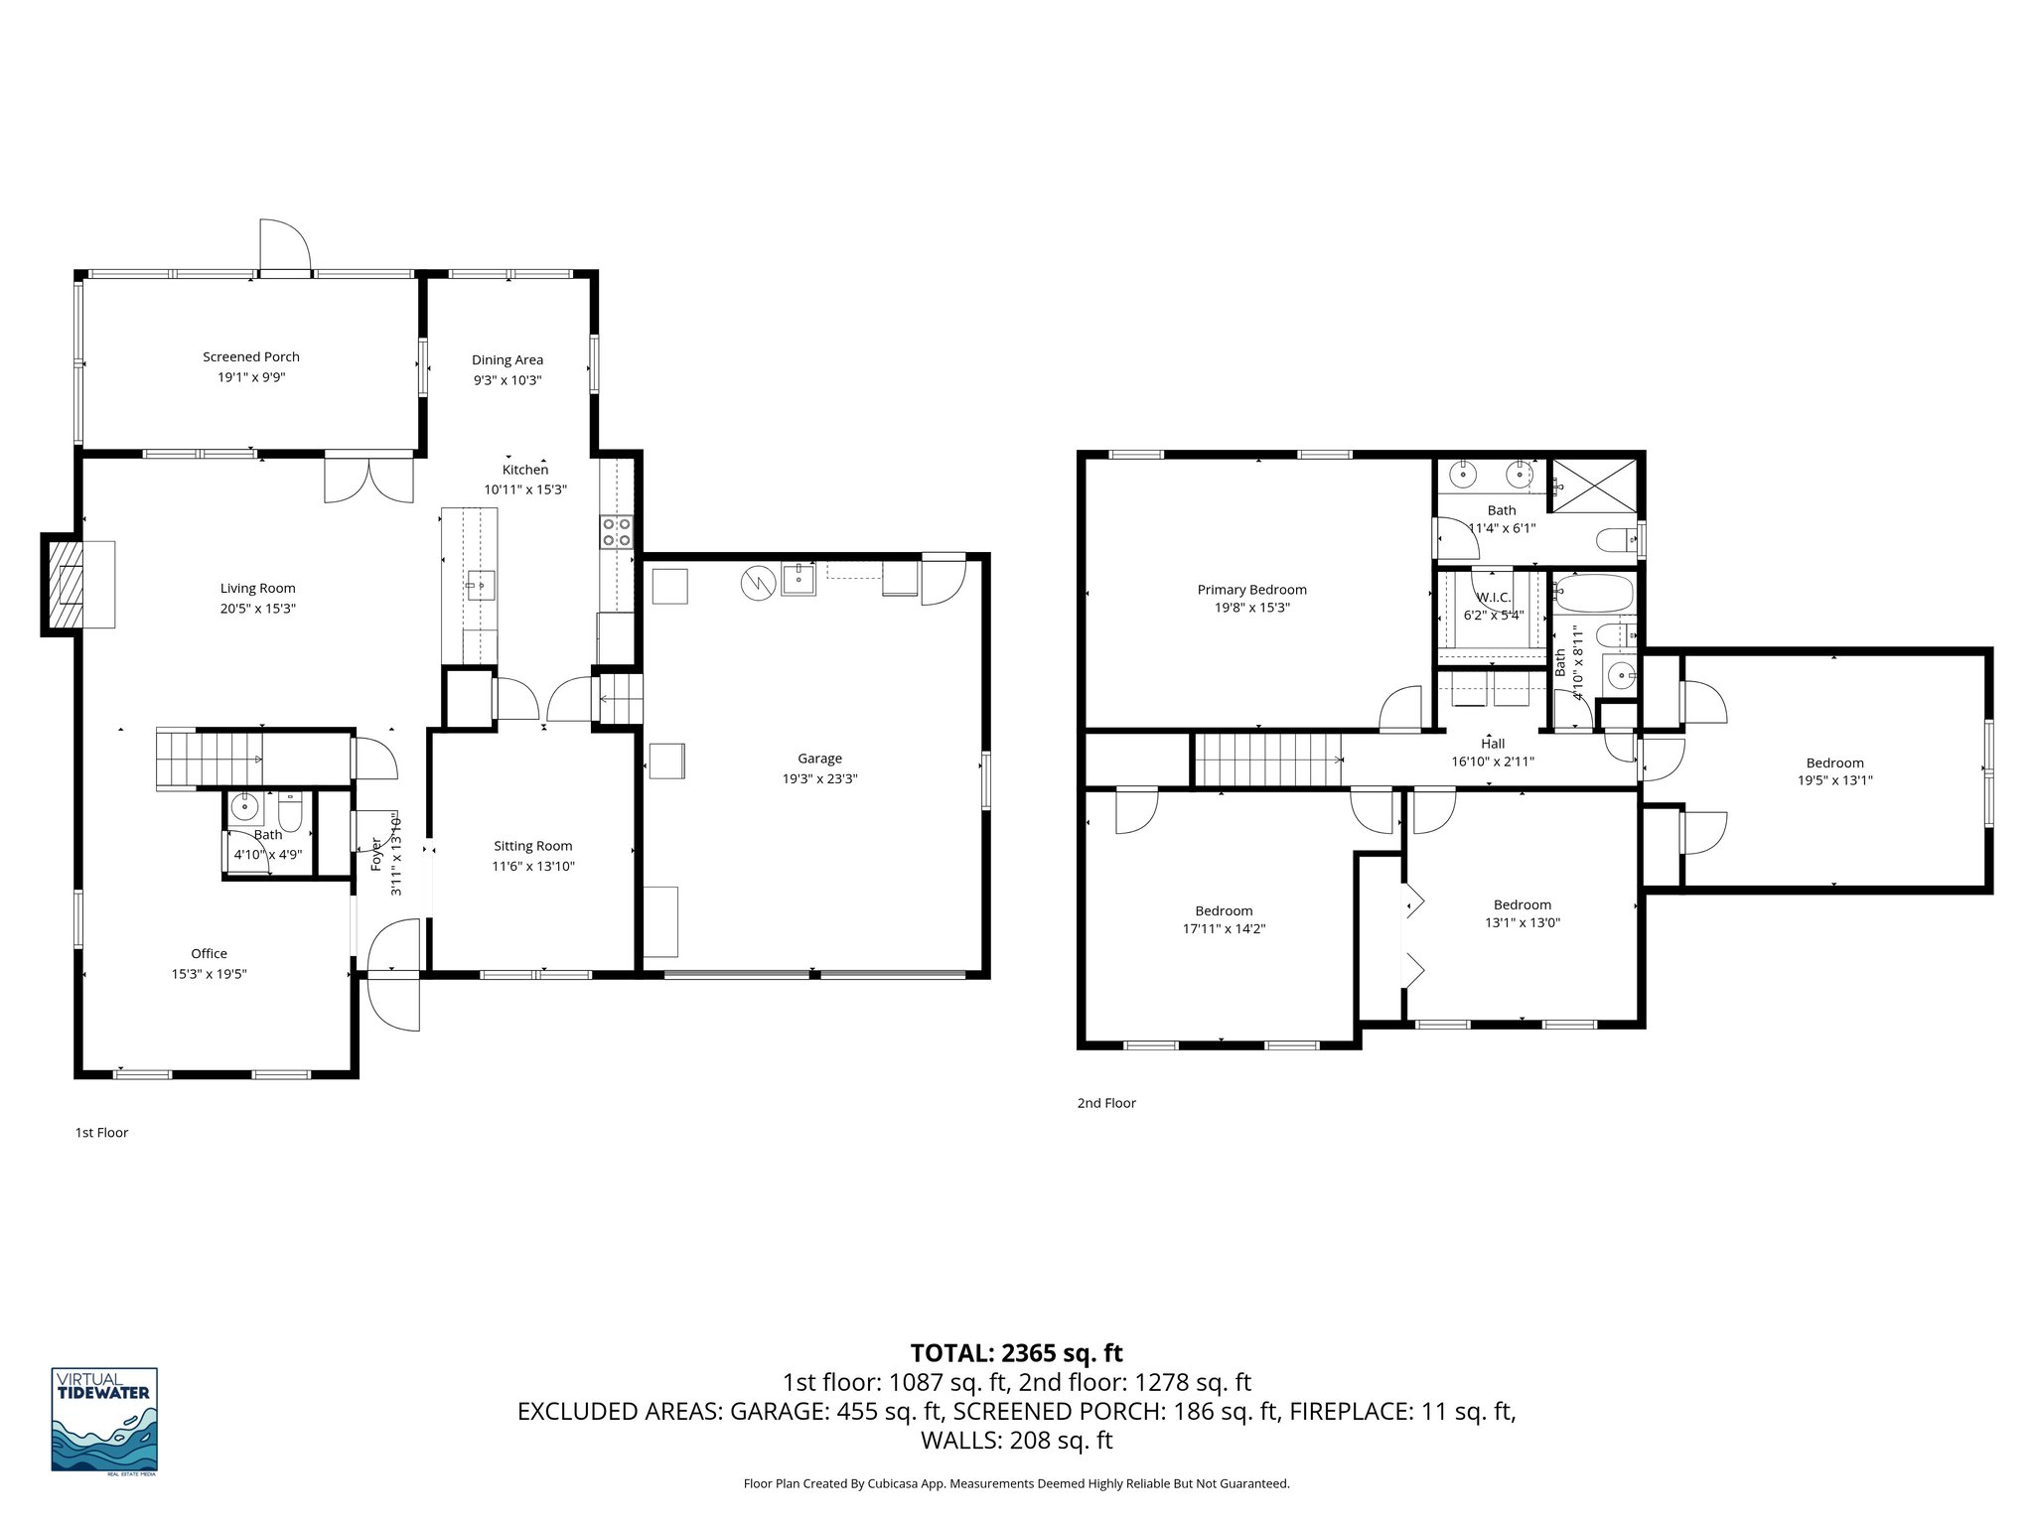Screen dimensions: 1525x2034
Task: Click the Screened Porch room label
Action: [x=250, y=356]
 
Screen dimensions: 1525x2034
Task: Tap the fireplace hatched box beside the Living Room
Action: [x=62, y=584]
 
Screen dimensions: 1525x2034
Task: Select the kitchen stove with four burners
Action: [x=616, y=532]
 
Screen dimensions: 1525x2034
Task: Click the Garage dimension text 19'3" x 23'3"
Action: [x=819, y=779]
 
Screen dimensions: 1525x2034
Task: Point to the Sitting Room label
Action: [x=533, y=846]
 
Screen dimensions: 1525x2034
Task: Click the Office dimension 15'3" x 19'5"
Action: [x=209, y=974]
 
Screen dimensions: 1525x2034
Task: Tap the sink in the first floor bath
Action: [x=243, y=808]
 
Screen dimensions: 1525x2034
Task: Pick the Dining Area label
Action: [x=507, y=359]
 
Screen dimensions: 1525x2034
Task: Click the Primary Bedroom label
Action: [x=1251, y=590]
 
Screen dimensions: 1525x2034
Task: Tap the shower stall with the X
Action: [x=1593, y=485]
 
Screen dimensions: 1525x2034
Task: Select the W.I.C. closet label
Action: [x=1493, y=597]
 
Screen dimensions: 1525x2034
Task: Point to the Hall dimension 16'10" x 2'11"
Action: [x=1493, y=762]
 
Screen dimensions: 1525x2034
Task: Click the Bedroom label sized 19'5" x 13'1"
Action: [x=1834, y=762]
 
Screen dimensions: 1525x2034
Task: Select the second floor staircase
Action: [x=1266, y=760]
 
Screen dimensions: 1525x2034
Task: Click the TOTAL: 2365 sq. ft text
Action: [x=1016, y=1352]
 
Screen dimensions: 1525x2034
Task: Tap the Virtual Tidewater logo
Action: [x=104, y=1421]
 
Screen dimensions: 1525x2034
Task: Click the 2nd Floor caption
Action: [x=1106, y=1102]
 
